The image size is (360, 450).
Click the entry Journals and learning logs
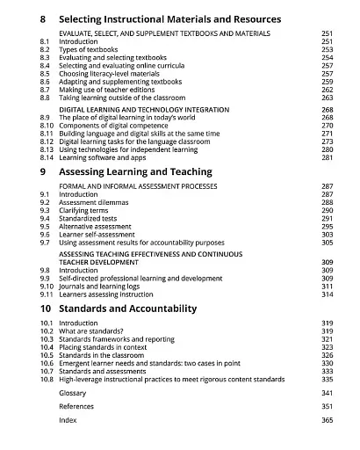click(x=107, y=286)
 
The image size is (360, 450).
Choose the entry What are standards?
click(x=90, y=331)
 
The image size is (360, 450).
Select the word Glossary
click(x=73, y=394)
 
